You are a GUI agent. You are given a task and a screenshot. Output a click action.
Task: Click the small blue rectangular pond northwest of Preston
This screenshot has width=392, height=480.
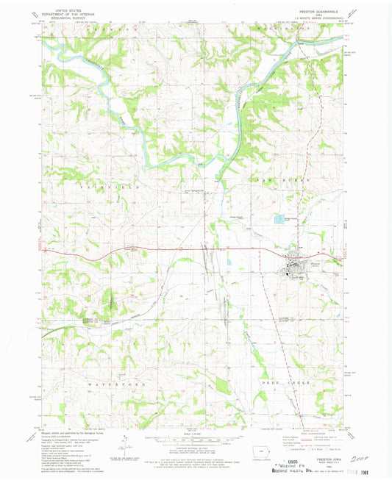pos(277,218)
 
